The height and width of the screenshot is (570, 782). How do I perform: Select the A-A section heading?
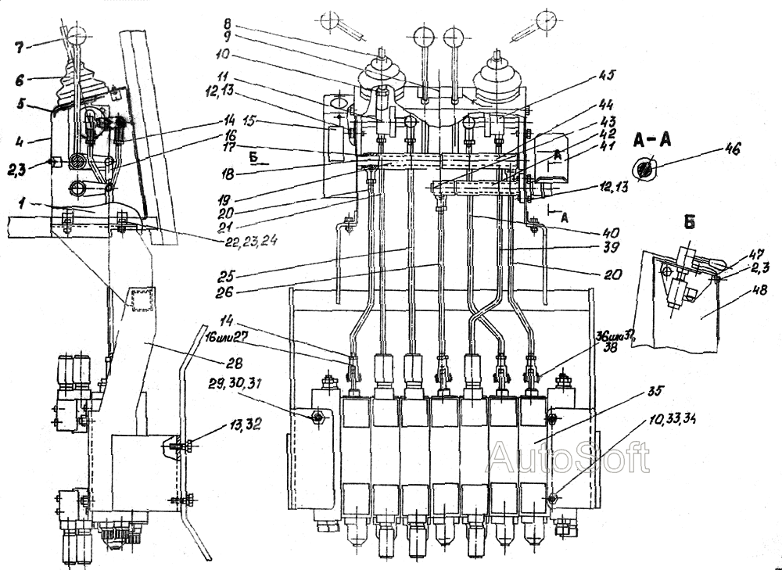pyautogui.click(x=648, y=145)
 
